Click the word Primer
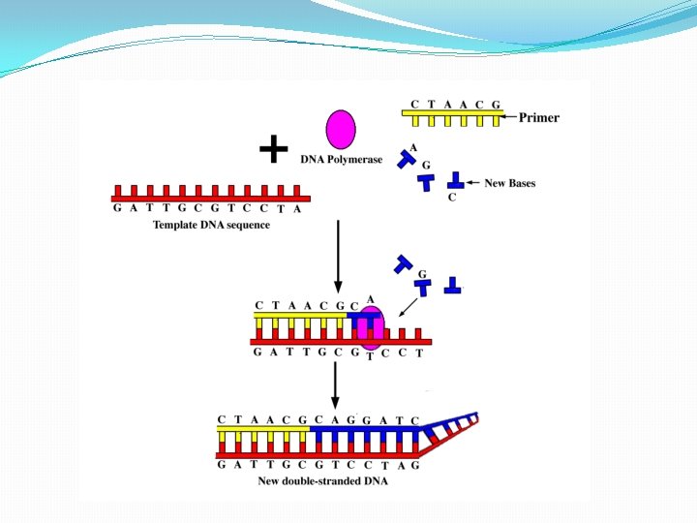coord(539,118)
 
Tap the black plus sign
coord(274,149)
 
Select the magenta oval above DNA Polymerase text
coord(341,130)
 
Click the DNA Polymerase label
coord(341,160)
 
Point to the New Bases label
coord(509,183)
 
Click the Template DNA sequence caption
coord(211,225)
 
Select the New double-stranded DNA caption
coord(322,481)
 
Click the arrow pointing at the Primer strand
coord(509,117)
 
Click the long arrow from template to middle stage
coord(337,257)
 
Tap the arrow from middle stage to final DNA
coord(334,385)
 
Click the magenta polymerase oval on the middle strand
coord(369,326)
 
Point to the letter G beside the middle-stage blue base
coord(423,274)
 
